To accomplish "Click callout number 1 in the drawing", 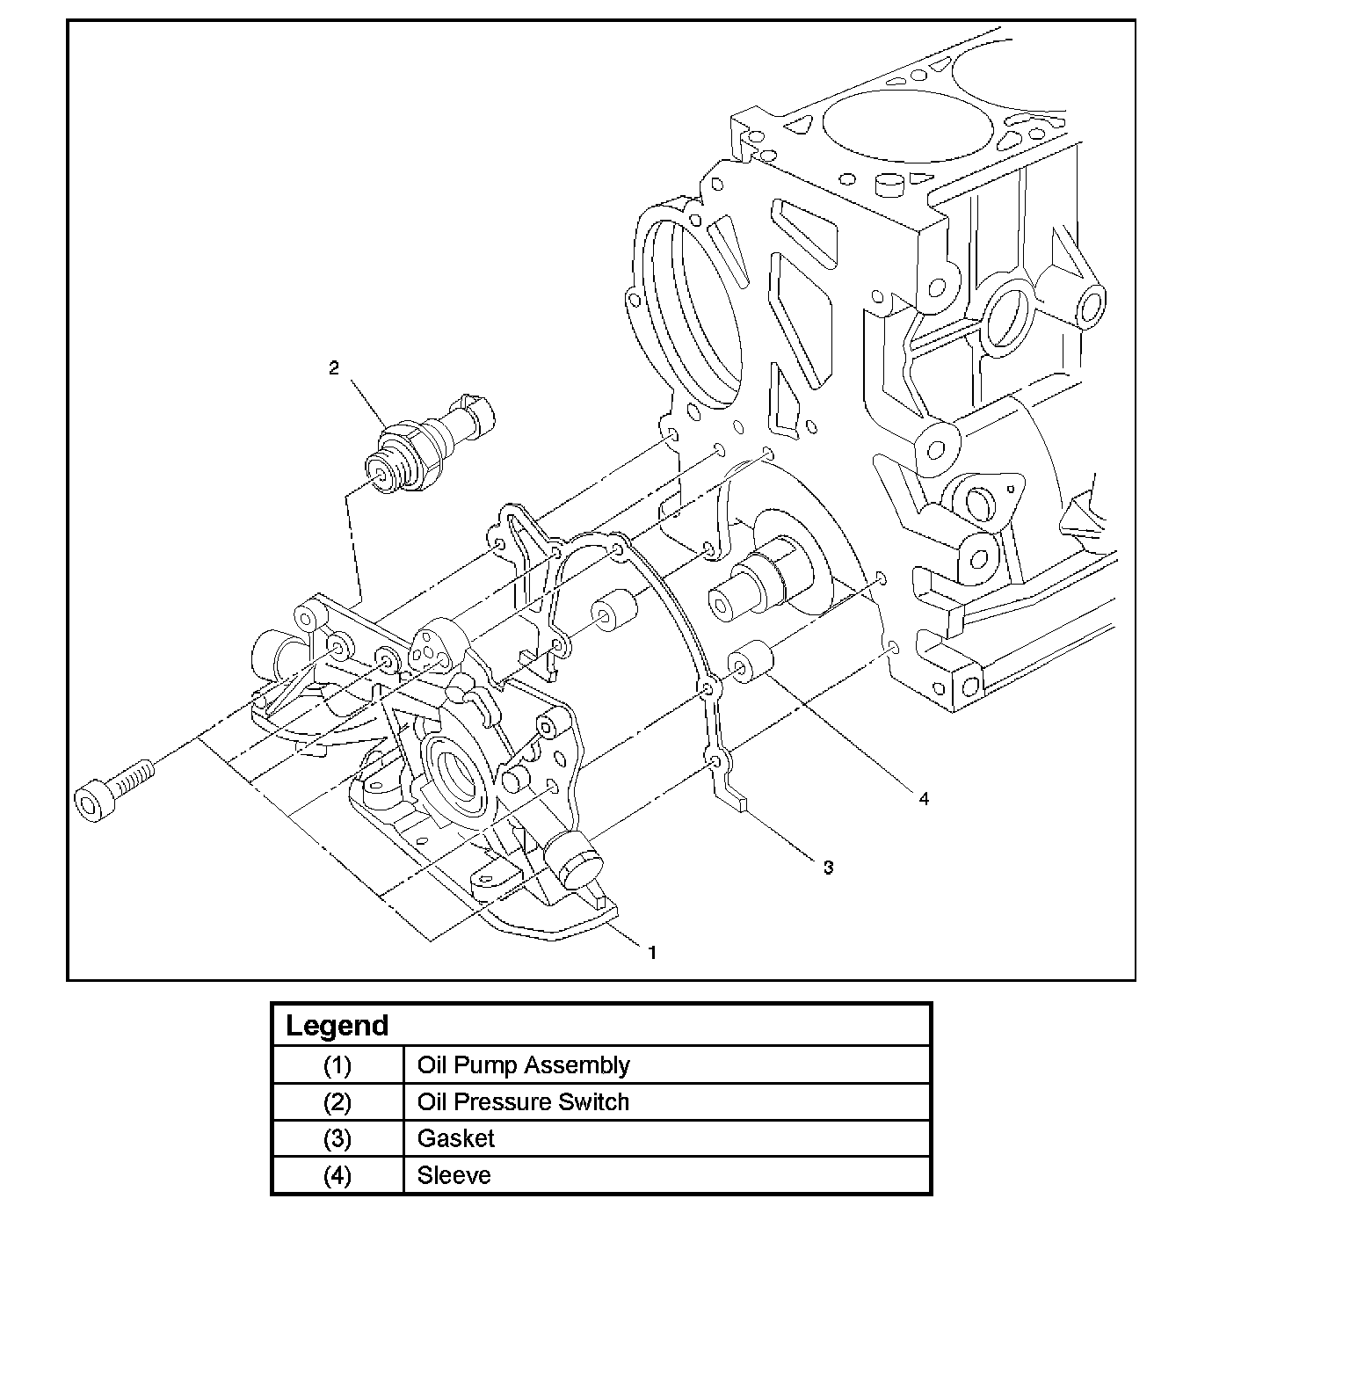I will tap(652, 952).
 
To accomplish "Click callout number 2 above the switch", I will tap(334, 368).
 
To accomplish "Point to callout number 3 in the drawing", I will tap(828, 868).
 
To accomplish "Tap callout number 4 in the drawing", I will tap(923, 798).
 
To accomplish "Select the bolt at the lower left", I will tap(114, 789).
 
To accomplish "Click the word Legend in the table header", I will tap(337, 1026).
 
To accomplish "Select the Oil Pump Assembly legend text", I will tap(523, 1065).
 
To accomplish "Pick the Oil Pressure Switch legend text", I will tap(523, 1102).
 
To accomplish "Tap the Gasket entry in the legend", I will tap(455, 1139).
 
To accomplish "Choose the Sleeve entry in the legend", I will tap(454, 1176).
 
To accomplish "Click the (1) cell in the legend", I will tap(337, 1065).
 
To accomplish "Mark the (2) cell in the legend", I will tap(337, 1102).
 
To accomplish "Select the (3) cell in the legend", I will tap(337, 1139).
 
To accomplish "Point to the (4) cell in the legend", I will tap(337, 1176).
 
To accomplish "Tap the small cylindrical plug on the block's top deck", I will tap(891, 183).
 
